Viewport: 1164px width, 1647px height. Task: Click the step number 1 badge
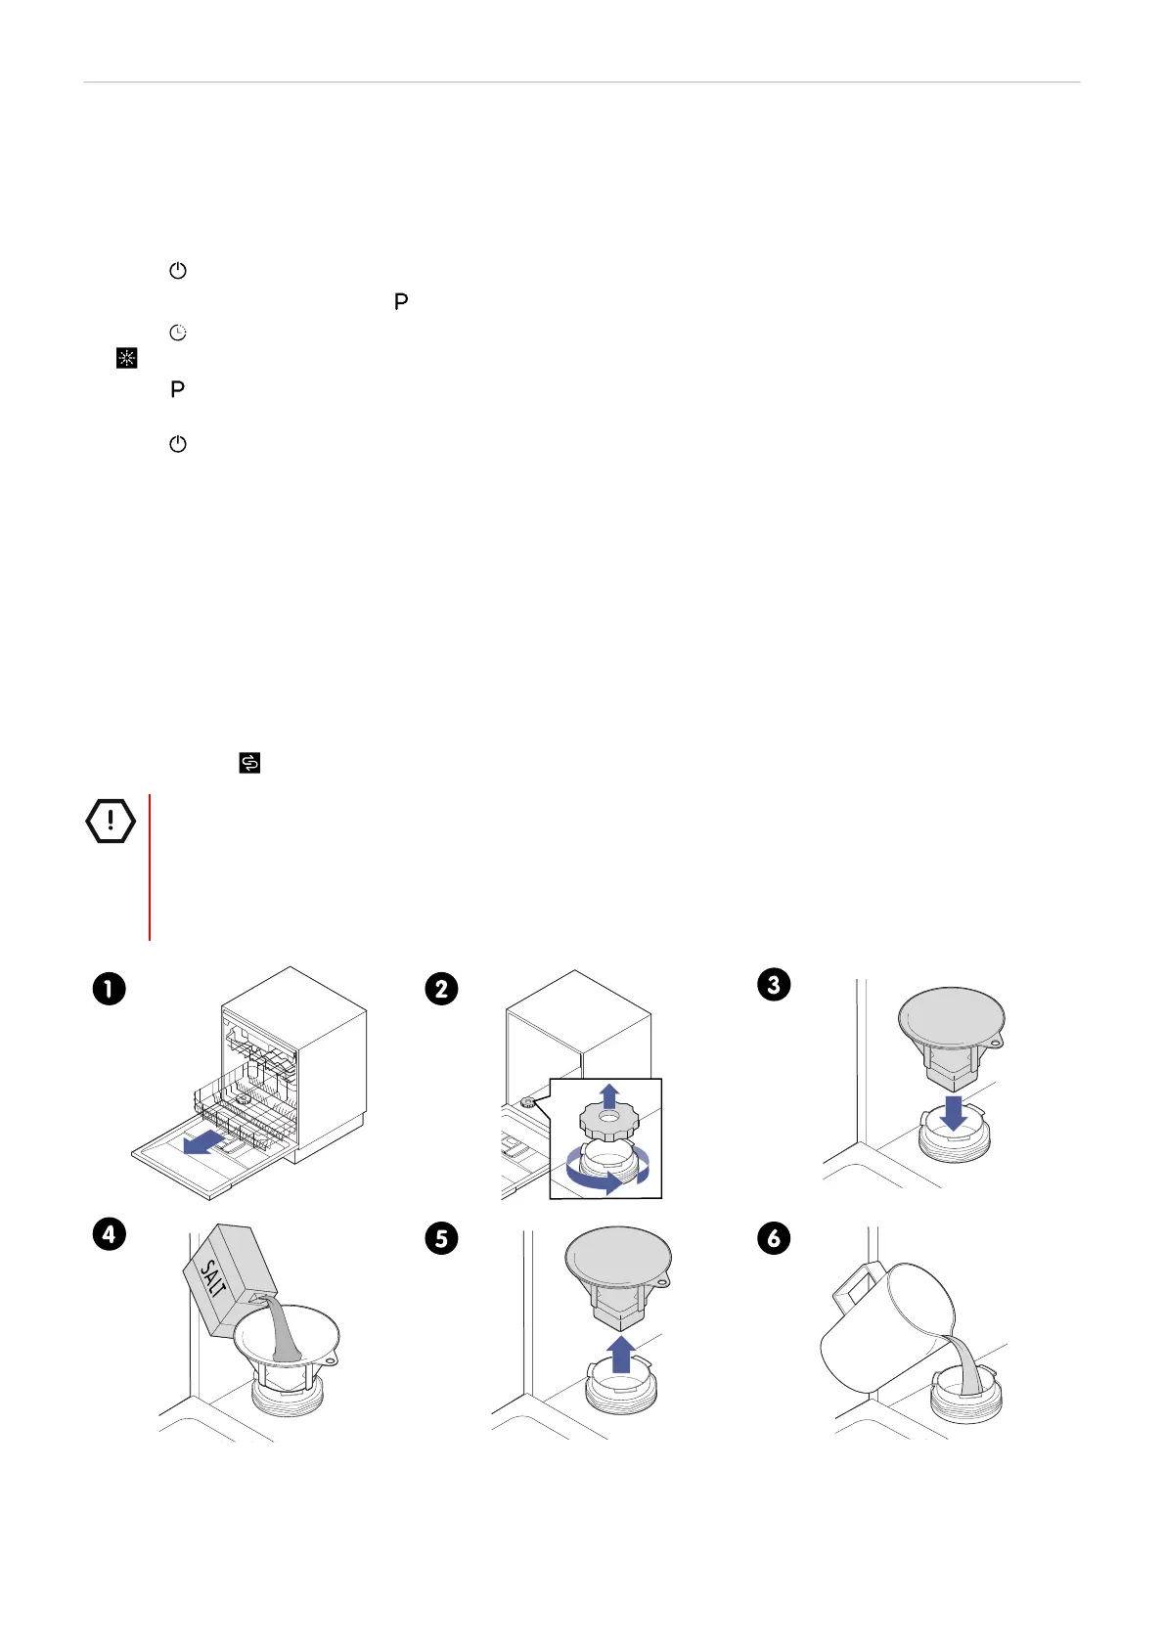point(109,989)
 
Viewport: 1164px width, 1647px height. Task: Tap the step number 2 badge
point(441,989)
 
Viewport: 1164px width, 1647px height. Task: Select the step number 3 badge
point(774,984)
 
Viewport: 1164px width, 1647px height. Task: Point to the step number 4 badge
point(109,1234)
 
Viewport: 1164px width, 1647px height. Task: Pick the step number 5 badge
point(441,1238)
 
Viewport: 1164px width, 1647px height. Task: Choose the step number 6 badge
point(774,1238)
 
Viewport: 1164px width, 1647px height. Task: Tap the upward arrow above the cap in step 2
point(609,1095)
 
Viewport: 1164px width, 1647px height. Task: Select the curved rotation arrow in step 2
point(606,1178)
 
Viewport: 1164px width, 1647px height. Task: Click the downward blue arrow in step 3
point(953,1112)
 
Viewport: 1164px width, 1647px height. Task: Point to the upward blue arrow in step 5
point(621,1355)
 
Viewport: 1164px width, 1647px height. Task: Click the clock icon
point(178,333)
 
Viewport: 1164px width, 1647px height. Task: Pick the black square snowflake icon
point(126,359)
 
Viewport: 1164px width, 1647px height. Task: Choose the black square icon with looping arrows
point(249,763)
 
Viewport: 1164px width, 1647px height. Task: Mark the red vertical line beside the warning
point(150,867)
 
